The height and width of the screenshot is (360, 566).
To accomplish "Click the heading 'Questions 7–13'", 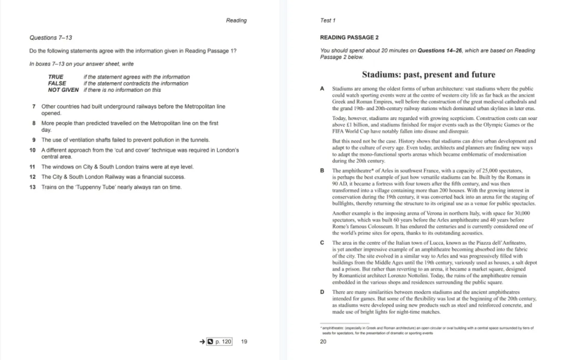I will point(51,38).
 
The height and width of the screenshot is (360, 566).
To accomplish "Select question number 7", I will point(34,106).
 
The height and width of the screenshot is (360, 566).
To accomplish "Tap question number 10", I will point(32,150).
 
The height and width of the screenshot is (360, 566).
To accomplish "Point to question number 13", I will point(32,187).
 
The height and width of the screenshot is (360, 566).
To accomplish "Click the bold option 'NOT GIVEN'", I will point(63,90).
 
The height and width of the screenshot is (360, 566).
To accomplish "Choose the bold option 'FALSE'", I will point(57,83).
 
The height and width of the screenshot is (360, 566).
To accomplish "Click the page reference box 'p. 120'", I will point(220,342).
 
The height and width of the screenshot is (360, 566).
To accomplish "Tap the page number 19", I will point(244,342).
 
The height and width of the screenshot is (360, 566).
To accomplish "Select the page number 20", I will point(323,342).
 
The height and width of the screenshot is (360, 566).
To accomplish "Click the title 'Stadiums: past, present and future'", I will point(428,74).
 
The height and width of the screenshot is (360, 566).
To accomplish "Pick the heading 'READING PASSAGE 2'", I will point(349,38).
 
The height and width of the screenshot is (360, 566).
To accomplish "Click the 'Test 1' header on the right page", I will point(328,20).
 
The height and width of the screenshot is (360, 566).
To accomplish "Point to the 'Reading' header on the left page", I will point(236,20).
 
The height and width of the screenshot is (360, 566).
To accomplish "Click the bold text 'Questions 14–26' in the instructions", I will point(439,51).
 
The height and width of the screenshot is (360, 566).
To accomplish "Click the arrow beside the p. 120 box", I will point(202,342).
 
